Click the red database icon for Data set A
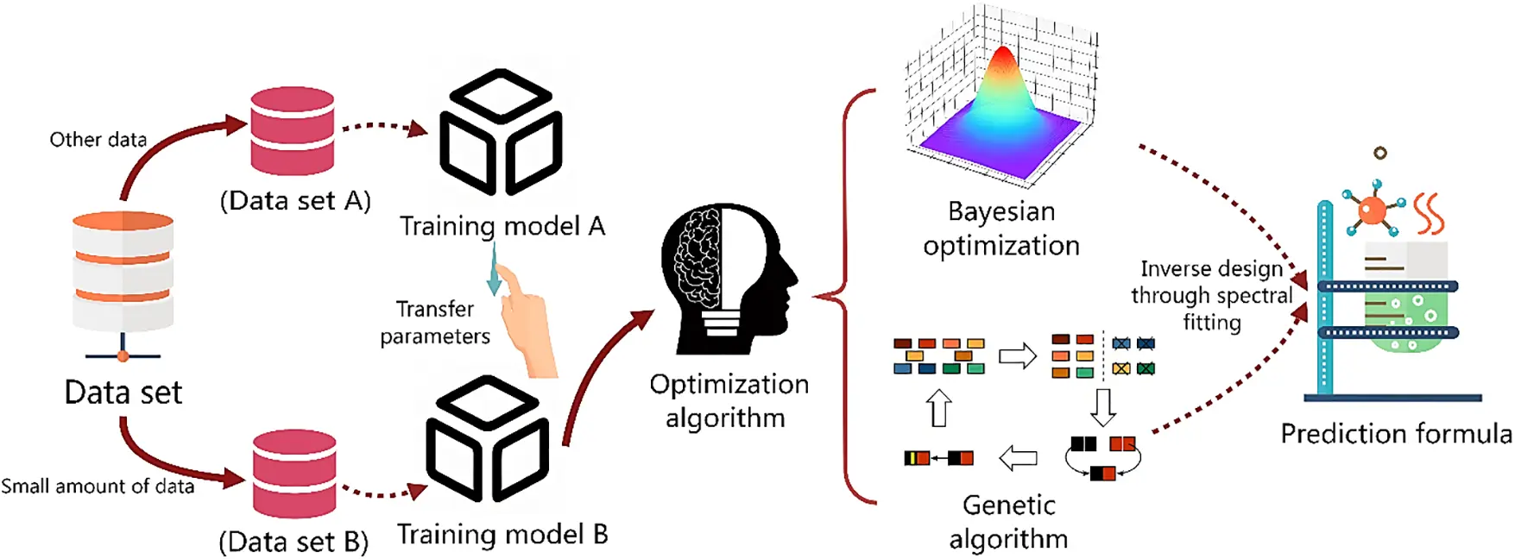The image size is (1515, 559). coord(292,131)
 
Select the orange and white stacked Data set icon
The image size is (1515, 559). coord(123,272)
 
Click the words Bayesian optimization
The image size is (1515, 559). coord(1001,229)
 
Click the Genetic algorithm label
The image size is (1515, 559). coord(1008,521)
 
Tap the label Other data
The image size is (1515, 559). coord(98,140)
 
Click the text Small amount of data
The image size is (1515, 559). coord(98,487)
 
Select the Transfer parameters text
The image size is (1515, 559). coord(435,323)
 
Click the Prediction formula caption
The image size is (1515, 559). coord(1395,433)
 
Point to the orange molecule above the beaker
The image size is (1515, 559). coord(1371,210)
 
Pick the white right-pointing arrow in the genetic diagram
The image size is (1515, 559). coord(1017,355)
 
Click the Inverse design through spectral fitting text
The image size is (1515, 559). coord(1212,296)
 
